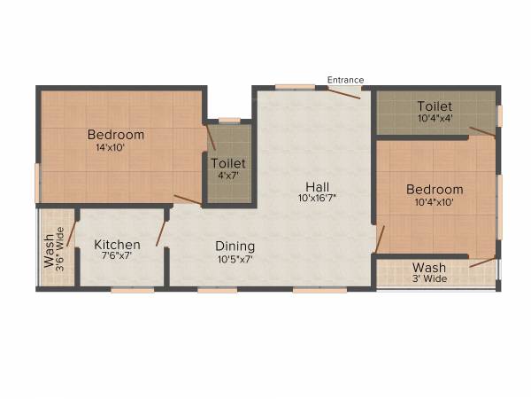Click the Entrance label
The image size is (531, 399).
pos(345,80)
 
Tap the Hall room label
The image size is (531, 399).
pos(318,186)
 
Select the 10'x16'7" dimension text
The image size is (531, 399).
pos(318,199)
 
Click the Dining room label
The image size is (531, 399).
pos(235,246)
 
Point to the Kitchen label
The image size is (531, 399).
pos(118,245)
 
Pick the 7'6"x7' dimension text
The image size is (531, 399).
pos(118,256)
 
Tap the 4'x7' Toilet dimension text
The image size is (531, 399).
pos(228,176)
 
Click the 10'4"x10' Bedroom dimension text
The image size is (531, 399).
pos(435,202)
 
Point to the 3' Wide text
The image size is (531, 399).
pos(430,278)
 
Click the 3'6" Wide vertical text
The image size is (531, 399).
pos(60,249)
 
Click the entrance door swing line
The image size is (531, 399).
pos(347,92)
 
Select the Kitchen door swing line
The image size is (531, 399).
pos(161,233)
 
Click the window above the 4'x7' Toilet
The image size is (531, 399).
pos(229,120)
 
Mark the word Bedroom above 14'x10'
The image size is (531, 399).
pos(115,135)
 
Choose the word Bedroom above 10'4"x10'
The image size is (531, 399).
pos(435,190)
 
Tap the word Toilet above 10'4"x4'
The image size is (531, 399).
pos(435,106)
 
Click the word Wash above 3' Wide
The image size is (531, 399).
pos(429,267)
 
